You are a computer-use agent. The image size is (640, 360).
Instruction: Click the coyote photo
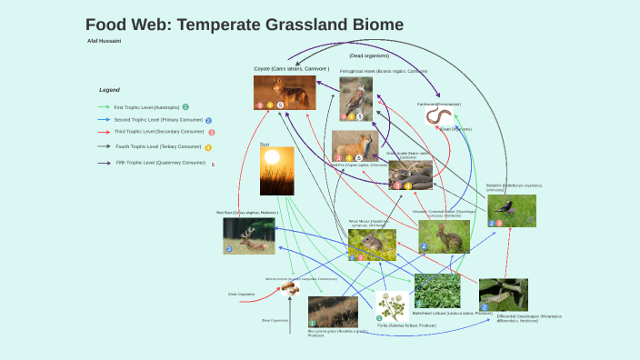pyautogui.click(x=285, y=93)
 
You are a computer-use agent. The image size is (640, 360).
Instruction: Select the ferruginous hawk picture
pyautogui.click(x=356, y=98)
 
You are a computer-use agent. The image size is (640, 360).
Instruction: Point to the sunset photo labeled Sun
pyautogui.click(x=276, y=172)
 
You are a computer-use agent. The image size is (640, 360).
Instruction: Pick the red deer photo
pyautogui.click(x=249, y=235)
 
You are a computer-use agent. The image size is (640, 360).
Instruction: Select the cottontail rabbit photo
pyautogui.click(x=444, y=236)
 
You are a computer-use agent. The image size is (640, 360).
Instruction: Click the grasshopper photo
pyautogui.click(x=503, y=295)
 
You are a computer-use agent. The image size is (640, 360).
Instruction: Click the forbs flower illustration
pyautogui.click(x=393, y=306)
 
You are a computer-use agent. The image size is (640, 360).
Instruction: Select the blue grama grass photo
pyautogui.click(x=333, y=311)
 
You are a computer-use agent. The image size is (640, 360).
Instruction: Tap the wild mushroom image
pyautogui.click(x=290, y=288)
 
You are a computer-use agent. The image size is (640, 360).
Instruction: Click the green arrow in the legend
pyautogui.click(x=104, y=107)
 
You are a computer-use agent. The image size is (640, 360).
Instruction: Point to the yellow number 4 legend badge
pyautogui.click(x=208, y=147)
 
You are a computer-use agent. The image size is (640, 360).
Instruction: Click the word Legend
pyautogui.click(x=109, y=90)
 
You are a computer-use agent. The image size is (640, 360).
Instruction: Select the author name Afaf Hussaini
pyautogui.click(x=104, y=41)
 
